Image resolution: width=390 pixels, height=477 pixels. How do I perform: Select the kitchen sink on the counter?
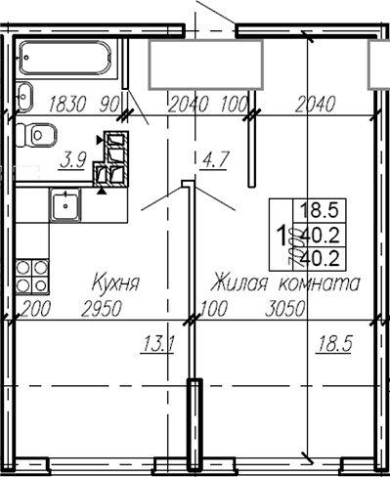click(66, 204)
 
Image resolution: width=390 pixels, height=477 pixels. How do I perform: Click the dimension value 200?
click(33, 310)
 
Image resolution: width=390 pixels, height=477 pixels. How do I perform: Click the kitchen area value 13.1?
click(157, 343)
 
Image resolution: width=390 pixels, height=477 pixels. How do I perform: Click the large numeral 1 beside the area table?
click(282, 235)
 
